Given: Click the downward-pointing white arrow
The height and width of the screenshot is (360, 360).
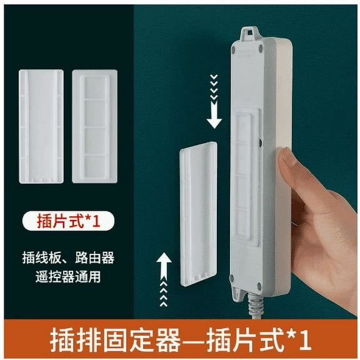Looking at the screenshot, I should tap(214, 114).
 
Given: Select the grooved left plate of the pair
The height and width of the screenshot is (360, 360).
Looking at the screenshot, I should tap(42, 126).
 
